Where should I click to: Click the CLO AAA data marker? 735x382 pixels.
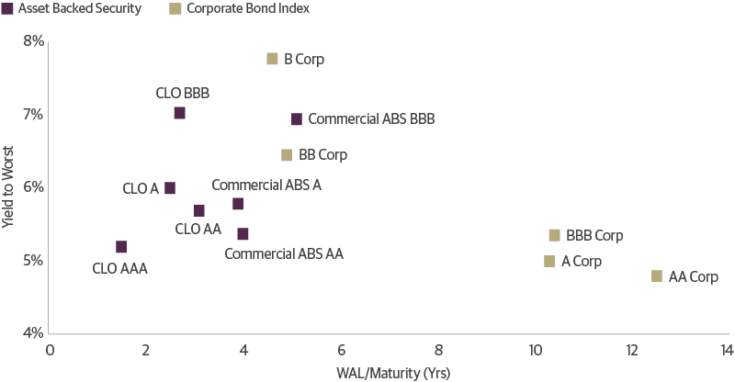121,247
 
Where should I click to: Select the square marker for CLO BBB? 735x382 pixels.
180,113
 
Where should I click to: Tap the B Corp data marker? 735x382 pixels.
272,59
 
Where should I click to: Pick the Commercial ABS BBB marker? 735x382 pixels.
297,119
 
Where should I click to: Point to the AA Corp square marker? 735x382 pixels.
657,276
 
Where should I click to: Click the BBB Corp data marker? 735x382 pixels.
554,235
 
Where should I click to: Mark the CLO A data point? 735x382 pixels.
170,188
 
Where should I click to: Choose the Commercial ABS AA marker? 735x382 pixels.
243,234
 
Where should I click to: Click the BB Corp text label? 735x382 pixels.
323,155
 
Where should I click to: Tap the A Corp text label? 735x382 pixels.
582,262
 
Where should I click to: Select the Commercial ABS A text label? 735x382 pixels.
266,185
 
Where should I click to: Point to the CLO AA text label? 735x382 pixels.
198,229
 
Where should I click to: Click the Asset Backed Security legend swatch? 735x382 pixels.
8,9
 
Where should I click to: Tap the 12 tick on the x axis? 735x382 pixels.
631,350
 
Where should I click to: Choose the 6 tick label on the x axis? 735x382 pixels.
341,350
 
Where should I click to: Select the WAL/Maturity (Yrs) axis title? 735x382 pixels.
388,372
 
